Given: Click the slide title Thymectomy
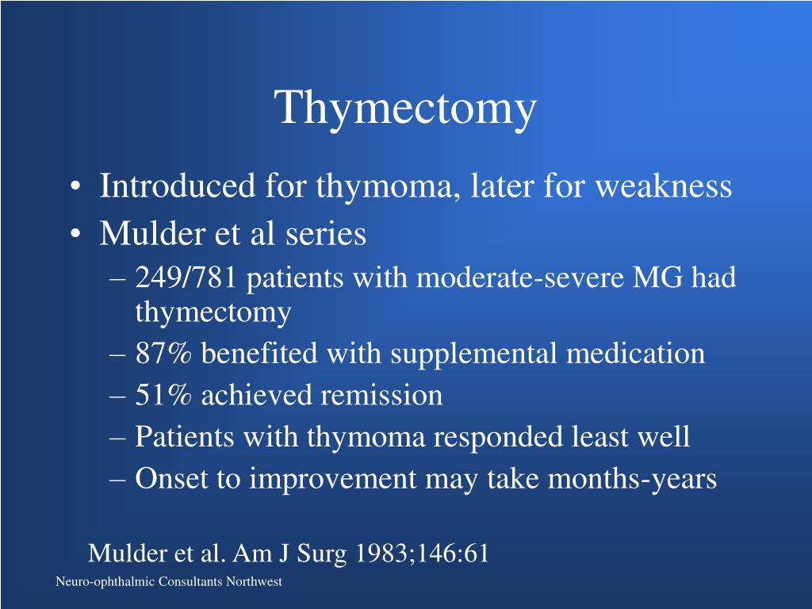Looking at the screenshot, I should pyautogui.click(x=406, y=109).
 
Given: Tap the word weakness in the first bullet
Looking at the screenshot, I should pyautogui.click(x=663, y=186).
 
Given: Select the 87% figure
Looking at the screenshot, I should pyautogui.click(x=164, y=354).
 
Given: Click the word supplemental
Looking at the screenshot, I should pyautogui.click(x=474, y=354).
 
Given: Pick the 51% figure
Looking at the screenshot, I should pyautogui.click(x=164, y=395).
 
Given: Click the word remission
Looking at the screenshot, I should pyautogui.click(x=381, y=395).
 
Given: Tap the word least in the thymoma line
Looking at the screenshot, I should pyautogui.click(x=588, y=437).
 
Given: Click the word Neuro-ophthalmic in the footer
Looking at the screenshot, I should pyautogui.click(x=105, y=582).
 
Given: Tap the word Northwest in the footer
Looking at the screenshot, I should pyautogui.click(x=254, y=582).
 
